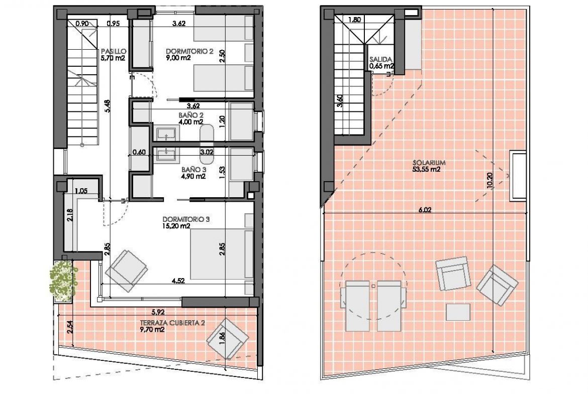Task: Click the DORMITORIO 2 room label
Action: [189, 51]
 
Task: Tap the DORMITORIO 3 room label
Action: [185, 219]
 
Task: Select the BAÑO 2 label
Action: [191, 115]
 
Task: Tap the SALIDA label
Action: [381, 59]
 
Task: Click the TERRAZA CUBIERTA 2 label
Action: [172, 323]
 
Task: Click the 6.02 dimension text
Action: [425, 210]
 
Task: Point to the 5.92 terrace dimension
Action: [158, 311]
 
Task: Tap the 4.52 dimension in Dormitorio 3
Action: [178, 281]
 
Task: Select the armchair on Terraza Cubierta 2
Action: [228, 339]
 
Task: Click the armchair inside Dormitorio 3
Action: [126, 271]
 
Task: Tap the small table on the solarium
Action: [458, 312]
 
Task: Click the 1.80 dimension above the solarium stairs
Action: [354, 20]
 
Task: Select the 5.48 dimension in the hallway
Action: [108, 106]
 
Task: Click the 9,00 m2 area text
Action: [178, 58]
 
